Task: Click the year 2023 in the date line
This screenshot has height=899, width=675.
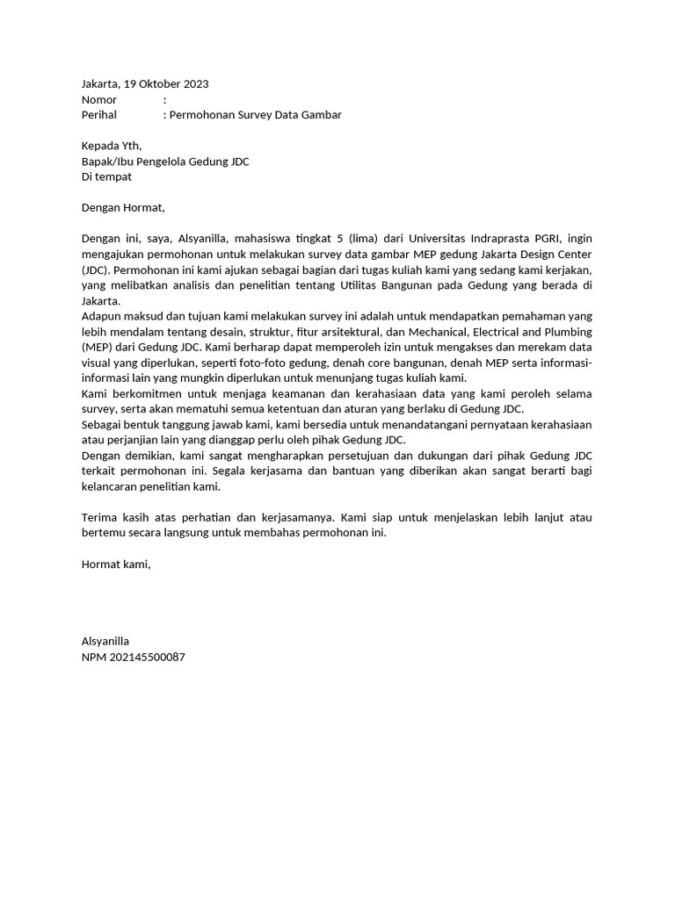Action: [195, 84]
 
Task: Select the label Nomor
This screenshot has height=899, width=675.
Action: [99, 100]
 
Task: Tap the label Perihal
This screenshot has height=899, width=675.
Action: [99, 115]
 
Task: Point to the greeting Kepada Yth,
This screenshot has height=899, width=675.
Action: [111, 146]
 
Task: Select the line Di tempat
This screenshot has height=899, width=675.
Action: [106, 176]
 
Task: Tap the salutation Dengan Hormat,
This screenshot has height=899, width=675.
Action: [123, 208]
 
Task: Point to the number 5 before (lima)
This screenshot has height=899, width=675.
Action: [327, 239]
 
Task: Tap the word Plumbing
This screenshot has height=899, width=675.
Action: [567, 332]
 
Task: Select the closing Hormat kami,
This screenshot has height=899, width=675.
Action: [116, 565]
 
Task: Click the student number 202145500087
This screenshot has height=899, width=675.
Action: [148, 657]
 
